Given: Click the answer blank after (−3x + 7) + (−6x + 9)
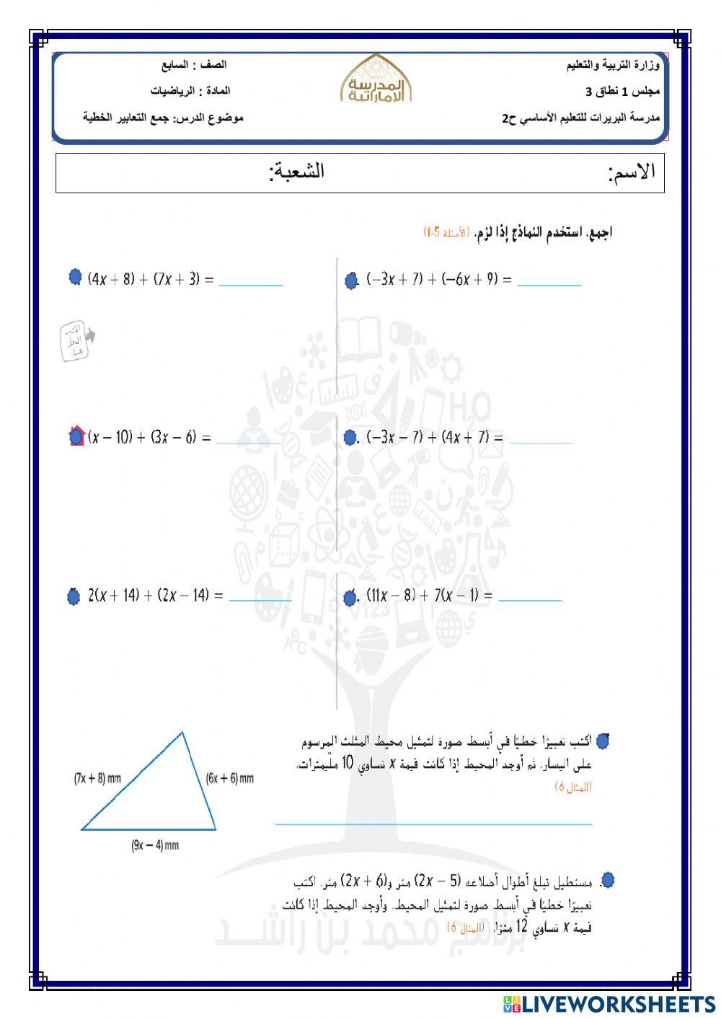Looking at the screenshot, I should (x=549, y=283).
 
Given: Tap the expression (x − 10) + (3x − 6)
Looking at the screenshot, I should (x=149, y=437).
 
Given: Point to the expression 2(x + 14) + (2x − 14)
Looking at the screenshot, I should (x=155, y=596).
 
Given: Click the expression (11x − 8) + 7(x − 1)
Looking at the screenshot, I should (x=429, y=596).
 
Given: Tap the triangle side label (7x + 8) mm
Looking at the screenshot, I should (x=97, y=779).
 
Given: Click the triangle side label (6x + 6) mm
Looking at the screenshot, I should (x=229, y=779).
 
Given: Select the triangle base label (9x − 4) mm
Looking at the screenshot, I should (x=154, y=845).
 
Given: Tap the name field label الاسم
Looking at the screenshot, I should (x=632, y=172).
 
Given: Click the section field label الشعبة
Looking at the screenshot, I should (x=296, y=172).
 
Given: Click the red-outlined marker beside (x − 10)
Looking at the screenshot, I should (x=76, y=436).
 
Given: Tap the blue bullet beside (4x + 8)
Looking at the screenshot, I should (x=75, y=277).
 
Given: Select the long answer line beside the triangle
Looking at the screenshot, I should (x=433, y=822).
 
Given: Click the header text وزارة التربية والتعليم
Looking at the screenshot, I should (x=613, y=66).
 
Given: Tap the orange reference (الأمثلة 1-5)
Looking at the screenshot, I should (x=446, y=232).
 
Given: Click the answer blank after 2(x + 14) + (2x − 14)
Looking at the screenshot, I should (x=260, y=599).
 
